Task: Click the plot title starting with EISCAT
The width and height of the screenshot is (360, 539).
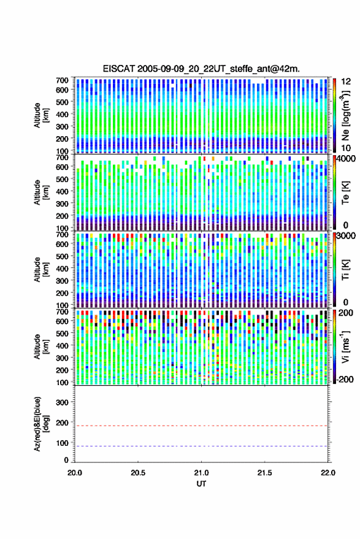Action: (201, 69)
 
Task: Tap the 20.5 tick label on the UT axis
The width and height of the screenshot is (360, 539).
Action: (138, 473)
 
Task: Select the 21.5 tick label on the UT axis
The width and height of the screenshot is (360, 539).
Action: (264, 473)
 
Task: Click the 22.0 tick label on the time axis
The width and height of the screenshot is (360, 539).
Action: (327, 473)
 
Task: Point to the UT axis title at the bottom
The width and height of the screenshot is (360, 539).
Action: (201, 484)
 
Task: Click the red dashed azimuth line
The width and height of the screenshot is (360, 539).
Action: (201, 426)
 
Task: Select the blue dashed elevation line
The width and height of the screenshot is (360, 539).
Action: (201, 446)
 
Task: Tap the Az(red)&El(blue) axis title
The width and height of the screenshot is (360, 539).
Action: (41, 424)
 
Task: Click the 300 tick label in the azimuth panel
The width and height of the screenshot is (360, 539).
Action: (62, 402)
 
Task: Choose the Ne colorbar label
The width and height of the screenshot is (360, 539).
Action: (345, 115)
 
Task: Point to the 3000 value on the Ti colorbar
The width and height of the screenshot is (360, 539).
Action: (347, 236)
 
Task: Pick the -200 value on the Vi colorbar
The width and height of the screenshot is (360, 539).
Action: (345, 380)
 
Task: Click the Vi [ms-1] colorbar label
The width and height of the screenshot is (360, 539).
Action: (345, 346)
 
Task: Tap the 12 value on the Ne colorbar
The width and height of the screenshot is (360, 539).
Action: (347, 82)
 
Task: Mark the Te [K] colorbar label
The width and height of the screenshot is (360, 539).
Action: (345, 193)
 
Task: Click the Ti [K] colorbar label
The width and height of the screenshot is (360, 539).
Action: (345, 270)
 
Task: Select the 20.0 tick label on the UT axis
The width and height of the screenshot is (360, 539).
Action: (75, 473)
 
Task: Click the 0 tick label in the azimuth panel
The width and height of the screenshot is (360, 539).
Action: (66, 460)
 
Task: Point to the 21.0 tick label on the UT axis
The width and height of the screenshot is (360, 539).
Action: (201, 473)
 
